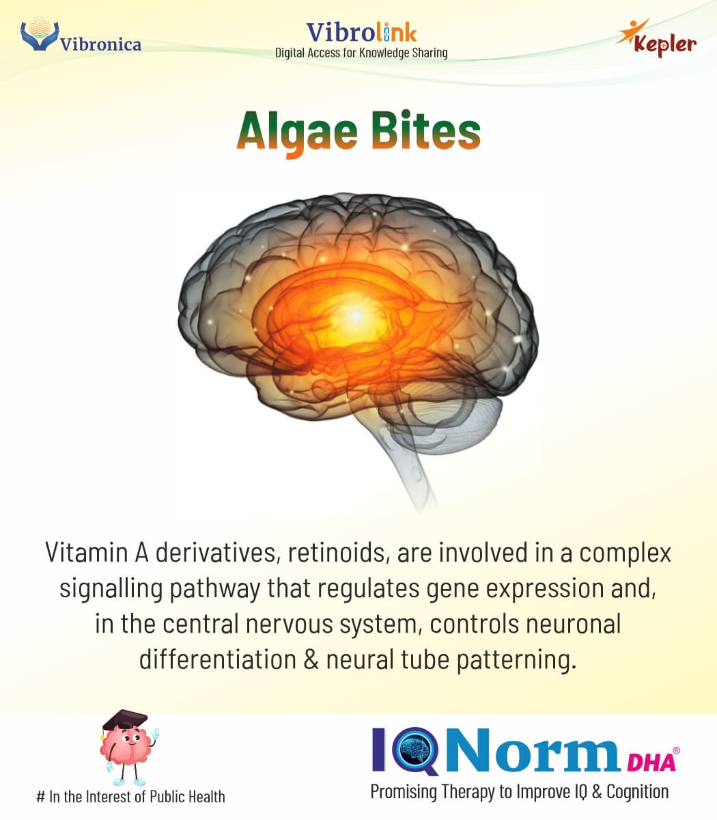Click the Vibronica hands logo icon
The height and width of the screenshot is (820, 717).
pyautogui.click(x=40, y=34)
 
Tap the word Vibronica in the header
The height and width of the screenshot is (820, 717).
pyautogui.click(x=100, y=44)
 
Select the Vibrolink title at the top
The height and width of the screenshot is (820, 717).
pyautogui.click(x=362, y=33)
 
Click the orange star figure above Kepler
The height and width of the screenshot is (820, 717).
pyautogui.click(x=632, y=31)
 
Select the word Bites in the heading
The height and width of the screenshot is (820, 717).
pyautogui.click(x=426, y=131)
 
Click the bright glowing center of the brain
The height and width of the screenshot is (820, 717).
pyautogui.click(x=356, y=316)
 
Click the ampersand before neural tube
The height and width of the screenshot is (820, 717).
pyautogui.click(x=311, y=659)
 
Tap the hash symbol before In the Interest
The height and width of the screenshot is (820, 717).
pyautogui.click(x=40, y=796)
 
